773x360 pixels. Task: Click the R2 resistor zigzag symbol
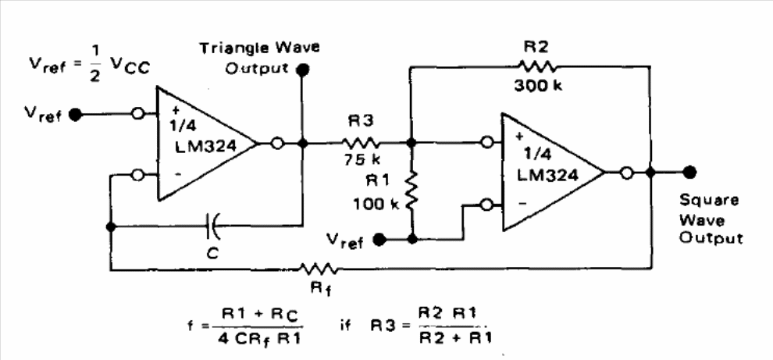(537, 66)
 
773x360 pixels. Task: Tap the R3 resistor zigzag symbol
(362, 143)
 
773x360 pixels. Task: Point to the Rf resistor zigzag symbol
(319, 269)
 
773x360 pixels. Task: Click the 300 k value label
(538, 86)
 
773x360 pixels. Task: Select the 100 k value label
(372, 204)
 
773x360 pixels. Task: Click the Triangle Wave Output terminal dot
(302, 70)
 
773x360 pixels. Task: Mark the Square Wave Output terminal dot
(689, 172)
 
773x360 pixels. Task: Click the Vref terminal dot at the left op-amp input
(75, 115)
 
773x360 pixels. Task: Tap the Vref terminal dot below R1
(379, 241)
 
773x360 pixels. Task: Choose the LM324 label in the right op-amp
(547, 175)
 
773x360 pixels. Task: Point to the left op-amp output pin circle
(277, 144)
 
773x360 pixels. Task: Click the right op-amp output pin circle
(626, 173)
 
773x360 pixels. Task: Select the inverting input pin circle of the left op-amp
(137, 175)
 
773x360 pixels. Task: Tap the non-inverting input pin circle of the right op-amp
(487, 143)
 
